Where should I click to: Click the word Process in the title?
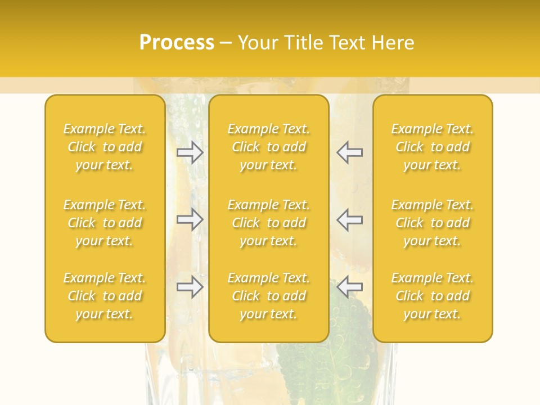pos(177,42)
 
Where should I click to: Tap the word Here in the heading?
pos(394,42)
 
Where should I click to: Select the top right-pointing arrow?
pos(190,152)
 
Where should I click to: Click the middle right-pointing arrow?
pos(190,219)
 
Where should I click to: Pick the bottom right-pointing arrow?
pos(190,287)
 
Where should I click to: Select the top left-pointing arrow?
pos(349,152)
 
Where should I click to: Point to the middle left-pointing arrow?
pos(349,219)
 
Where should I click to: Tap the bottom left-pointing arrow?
pos(349,287)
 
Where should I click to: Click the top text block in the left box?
pos(105,147)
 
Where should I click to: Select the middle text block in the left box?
pos(105,223)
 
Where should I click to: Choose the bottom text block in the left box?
pos(105,296)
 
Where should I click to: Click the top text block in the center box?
pos(268,147)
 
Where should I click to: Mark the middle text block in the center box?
pos(268,223)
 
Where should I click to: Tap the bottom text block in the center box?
pos(268,296)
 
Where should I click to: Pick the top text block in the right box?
pos(432,147)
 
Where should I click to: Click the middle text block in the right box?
pos(432,223)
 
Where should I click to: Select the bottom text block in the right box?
pos(432,296)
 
